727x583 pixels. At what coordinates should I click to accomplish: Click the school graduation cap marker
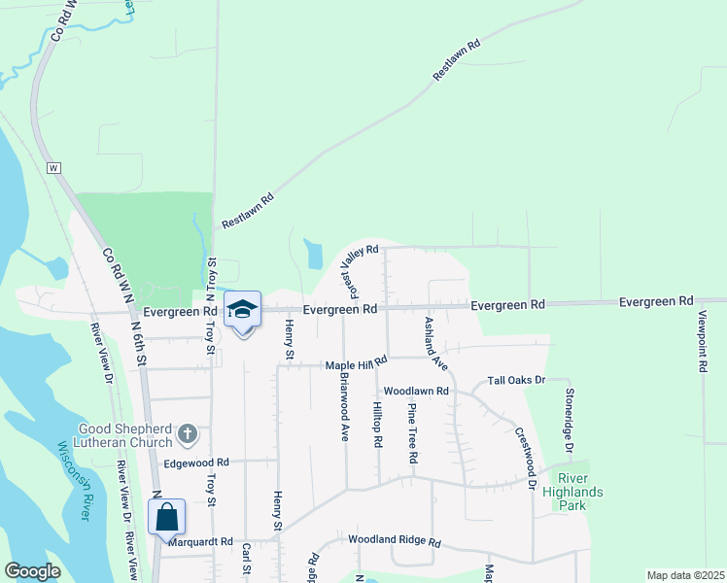242,310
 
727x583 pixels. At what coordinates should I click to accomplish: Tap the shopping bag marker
166,516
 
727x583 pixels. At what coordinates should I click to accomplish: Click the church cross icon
189,432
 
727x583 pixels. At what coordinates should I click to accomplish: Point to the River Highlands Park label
581,485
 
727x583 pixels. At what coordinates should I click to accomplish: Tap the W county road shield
53,168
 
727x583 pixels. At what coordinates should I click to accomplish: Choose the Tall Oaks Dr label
517,380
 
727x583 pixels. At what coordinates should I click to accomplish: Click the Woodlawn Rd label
415,391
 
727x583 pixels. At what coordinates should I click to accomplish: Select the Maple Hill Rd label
356,362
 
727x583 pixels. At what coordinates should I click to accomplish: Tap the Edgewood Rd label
195,463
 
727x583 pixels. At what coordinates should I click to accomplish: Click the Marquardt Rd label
199,541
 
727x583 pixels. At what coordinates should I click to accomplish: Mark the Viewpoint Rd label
702,341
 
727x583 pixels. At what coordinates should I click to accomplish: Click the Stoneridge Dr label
571,420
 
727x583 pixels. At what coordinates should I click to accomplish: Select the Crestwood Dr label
525,457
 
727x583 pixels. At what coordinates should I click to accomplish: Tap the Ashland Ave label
434,343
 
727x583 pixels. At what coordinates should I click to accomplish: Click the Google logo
32,571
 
